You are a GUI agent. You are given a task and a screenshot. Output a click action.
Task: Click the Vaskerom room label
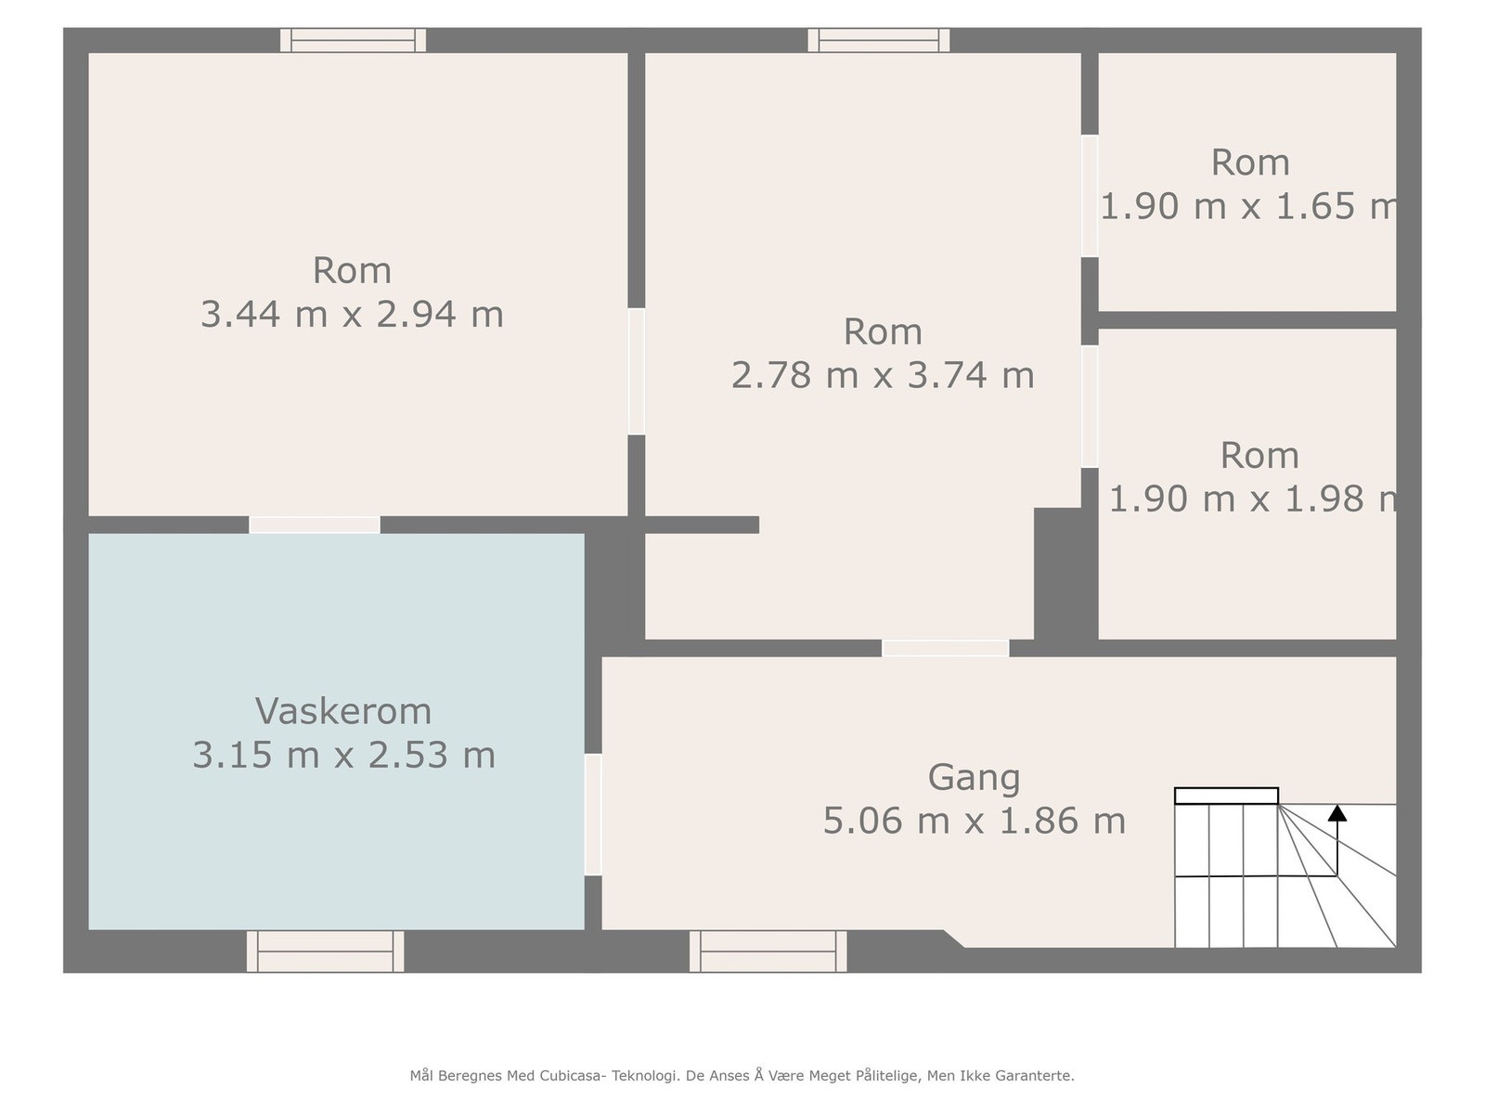point(343,712)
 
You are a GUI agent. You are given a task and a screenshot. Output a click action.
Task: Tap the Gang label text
point(974,778)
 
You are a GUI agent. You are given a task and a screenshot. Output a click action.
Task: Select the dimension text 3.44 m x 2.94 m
point(352,315)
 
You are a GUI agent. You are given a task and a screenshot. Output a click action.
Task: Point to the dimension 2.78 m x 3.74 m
point(883,376)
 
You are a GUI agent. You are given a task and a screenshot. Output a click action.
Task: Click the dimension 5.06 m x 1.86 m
point(974,822)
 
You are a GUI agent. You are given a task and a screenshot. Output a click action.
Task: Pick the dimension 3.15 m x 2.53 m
point(343,756)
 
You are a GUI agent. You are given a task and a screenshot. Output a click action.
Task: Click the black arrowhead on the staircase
point(1336,814)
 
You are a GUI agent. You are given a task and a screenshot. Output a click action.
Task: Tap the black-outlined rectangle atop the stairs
point(1226,796)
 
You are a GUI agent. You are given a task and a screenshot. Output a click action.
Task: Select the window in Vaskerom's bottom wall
point(325,951)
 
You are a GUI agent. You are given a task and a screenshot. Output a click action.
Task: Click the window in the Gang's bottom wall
point(768,951)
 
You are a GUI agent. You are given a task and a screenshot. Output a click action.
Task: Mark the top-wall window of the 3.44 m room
point(353,40)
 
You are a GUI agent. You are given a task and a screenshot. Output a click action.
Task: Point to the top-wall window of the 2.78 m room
point(878,40)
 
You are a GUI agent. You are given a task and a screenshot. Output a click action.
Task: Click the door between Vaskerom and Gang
point(593,814)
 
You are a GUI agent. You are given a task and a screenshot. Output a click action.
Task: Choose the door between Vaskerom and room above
point(315,525)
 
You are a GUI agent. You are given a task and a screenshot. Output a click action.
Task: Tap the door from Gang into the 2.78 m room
point(945,648)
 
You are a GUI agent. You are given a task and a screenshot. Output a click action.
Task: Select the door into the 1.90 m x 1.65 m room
point(1090,196)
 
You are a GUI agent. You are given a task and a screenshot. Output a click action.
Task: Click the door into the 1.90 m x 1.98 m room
point(1090,406)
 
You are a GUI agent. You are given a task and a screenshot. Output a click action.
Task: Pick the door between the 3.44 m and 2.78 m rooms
point(636,371)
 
